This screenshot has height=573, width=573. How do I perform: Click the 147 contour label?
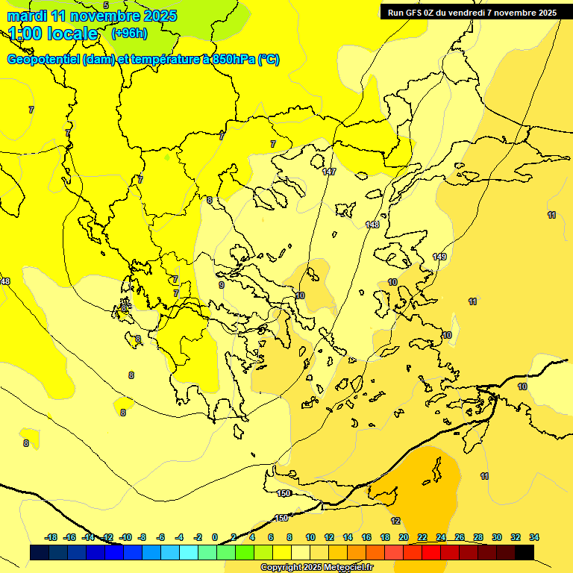click(329, 172)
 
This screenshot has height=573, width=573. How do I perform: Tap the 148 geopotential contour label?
click(372, 225)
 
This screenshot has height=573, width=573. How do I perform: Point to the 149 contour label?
click(439, 257)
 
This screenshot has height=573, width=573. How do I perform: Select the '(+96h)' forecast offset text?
click(129, 34)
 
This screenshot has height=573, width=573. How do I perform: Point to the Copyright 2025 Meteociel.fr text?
click(316, 567)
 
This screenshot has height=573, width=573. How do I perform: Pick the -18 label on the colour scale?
click(51, 537)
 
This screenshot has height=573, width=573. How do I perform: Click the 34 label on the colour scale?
click(534, 537)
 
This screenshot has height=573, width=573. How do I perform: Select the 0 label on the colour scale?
click(215, 537)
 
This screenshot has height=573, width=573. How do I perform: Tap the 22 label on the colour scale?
click(422, 537)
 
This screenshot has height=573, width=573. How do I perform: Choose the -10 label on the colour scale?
click(125, 537)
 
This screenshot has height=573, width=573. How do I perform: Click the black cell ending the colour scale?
click(525, 552)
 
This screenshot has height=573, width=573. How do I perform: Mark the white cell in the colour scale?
click(301, 552)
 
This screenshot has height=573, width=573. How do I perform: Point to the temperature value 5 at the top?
click(105, 5)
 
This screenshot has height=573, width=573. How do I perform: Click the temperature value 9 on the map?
click(221, 285)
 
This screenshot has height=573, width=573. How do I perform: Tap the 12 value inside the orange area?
click(395, 521)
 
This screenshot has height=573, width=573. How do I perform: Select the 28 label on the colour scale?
click(478, 537)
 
